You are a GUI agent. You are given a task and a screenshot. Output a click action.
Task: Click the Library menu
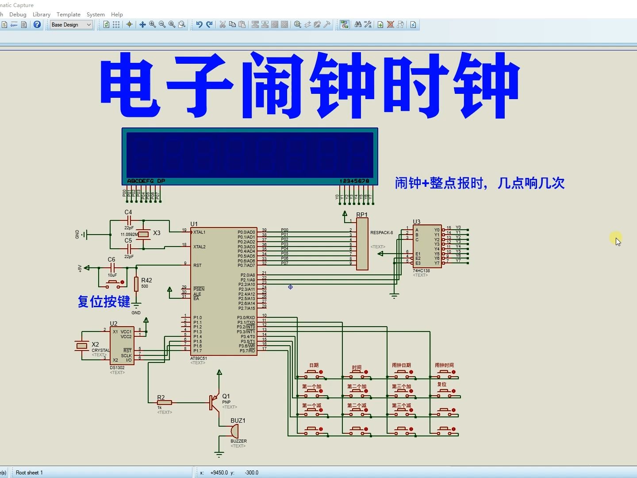pos(42,15)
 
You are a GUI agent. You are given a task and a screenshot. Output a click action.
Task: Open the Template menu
pos(69,15)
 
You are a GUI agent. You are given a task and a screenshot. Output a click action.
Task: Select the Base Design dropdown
pos(71,25)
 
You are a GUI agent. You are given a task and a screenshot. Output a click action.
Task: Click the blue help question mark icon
pos(37,25)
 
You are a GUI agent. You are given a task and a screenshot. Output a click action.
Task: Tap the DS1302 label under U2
pos(117,368)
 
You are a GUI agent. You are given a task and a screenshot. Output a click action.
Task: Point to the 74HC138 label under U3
pos(421,270)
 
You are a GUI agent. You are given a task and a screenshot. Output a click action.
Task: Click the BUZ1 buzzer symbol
pos(234,431)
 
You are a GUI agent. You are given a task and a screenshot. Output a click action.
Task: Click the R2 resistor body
pos(164,403)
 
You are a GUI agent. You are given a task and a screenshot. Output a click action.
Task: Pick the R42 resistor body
pos(136,284)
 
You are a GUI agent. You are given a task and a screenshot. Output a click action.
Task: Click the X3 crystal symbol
pos(143,234)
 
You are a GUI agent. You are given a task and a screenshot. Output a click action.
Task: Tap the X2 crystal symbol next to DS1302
pos(82,346)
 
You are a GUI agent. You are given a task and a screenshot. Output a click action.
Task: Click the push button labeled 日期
pos(314,374)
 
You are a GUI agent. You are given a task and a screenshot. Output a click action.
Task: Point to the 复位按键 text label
pos(104,302)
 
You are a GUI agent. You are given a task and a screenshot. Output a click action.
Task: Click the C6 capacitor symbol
pos(112,268)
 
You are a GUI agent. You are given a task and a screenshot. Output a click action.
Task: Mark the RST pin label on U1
pos(197,266)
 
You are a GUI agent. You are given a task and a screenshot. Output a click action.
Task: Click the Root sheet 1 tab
pos(29,473)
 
